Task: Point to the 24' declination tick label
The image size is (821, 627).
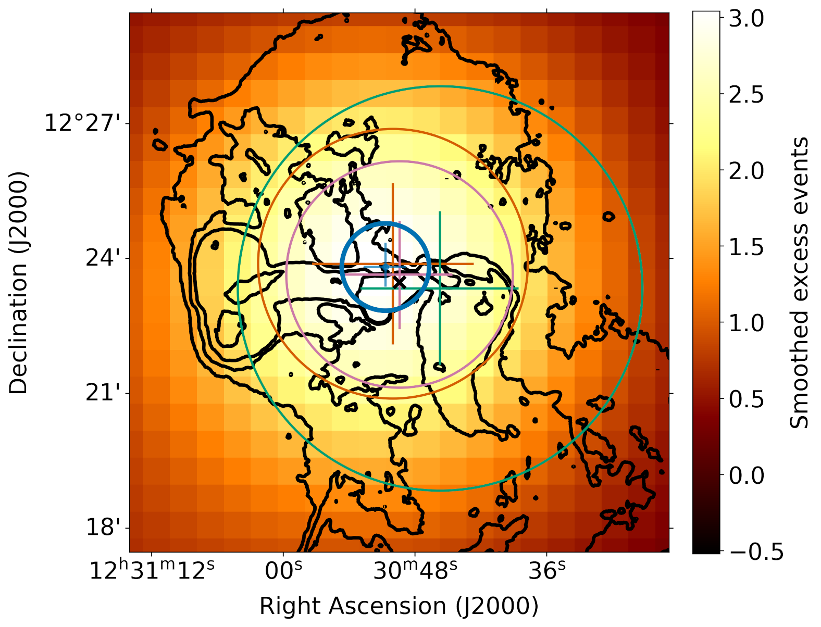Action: click(x=107, y=258)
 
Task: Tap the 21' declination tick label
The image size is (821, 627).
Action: click(x=107, y=393)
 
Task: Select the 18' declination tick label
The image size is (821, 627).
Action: click(x=107, y=528)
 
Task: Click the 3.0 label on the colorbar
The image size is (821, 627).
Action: click(x=745, y=19)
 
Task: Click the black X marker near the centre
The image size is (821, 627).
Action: click(x=399, y=282)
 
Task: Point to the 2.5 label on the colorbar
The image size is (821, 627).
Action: click(x=745, y=95)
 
